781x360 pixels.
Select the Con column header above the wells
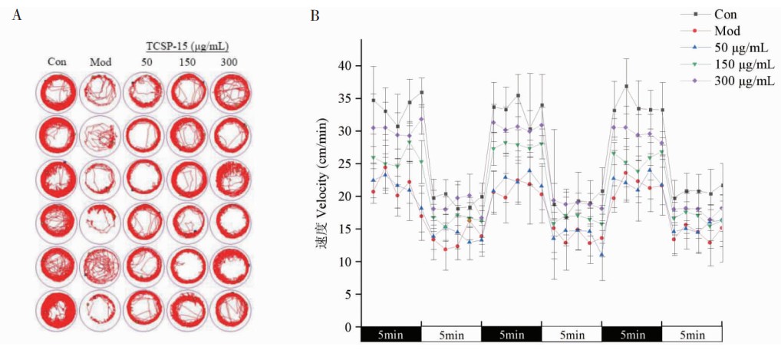[56, 61]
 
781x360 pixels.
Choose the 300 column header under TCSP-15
[229, 61]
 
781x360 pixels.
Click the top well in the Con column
[56, 91]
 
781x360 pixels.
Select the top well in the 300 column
[229, 91]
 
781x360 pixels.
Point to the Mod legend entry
[727, 31]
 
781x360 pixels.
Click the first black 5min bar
[390, 335]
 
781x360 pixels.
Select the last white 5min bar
[692, 335]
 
